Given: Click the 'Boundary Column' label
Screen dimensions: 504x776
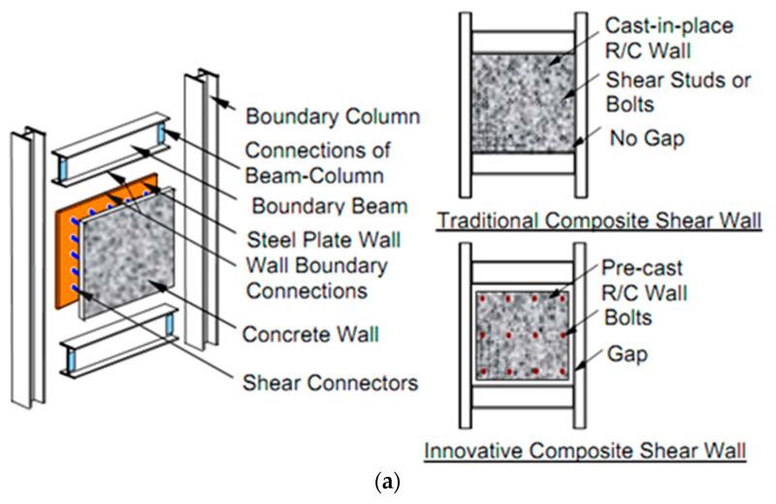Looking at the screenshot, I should (x=332, y=118).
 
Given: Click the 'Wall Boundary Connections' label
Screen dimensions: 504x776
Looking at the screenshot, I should (x=317, y=278).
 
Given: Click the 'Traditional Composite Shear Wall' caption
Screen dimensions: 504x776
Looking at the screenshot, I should (x=599, y=220).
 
